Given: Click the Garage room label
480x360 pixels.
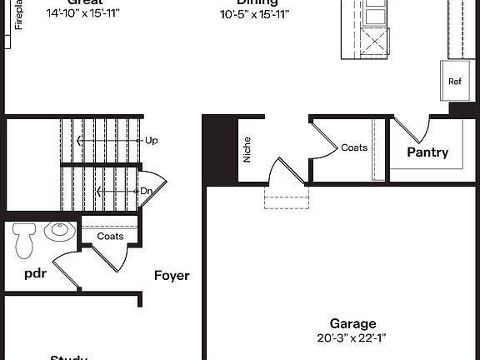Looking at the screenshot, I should tap(352, 323).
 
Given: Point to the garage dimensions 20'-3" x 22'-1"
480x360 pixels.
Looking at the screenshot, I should tap(352, 338).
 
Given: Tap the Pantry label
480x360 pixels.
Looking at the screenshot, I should tap(427, 152).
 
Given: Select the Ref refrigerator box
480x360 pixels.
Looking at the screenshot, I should tap(454, 82).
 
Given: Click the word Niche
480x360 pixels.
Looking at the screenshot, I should tap(247, 149).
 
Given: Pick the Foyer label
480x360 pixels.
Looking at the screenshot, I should tap(172, 275).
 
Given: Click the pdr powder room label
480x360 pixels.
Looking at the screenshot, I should tap(34, 272).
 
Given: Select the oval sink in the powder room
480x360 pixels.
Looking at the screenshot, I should tap(59, 231).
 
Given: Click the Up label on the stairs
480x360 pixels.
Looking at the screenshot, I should tap(151, 141).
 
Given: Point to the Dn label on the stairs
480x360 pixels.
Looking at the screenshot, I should tap(146, 191).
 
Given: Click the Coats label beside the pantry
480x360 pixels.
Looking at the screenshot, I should tap(354, 147).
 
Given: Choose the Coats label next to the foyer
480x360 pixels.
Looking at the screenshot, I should tap(110, 236).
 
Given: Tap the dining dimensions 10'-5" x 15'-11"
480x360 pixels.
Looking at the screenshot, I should tap(255, 14).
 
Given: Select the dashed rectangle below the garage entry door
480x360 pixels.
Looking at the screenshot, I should tap(286, 197).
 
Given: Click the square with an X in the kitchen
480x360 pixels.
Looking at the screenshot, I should tap(377, 41).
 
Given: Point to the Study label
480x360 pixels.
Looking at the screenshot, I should tap(68, 357).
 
